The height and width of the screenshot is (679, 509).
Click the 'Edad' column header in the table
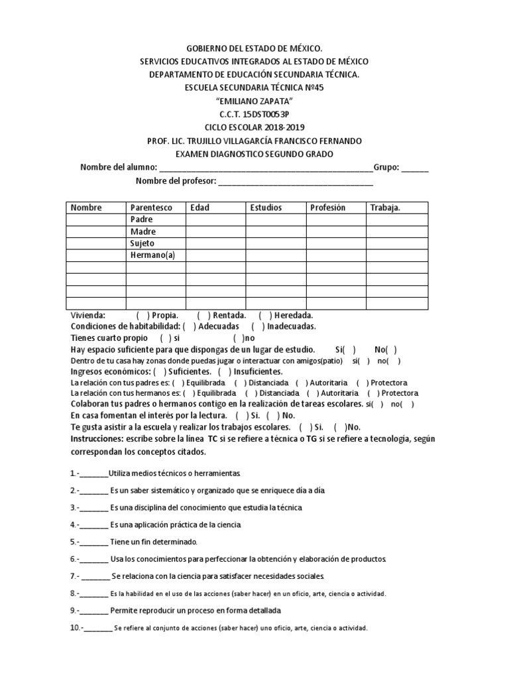pyautogui.click(x=199, y=208)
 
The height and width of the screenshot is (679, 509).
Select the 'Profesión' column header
pyautogui.click(x=327, y=208)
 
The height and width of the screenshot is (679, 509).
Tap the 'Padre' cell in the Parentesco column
pyautogui.click(x=142, y=219)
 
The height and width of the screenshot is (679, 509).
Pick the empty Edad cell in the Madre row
pyautogui.click(x=215, y=231)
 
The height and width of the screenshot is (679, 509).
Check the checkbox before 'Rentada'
pyautogui.click(x=203, y=316)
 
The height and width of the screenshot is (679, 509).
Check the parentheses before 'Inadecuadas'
pyautogui.click(x=258, y=326)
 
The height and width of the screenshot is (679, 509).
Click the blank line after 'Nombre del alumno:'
pyautogui.click(x=266, y=168)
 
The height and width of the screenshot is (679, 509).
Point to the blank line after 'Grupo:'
pyautogui.click(x=415, y=168)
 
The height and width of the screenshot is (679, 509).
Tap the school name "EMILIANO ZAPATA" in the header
pyautogui.click(x=254, y=100)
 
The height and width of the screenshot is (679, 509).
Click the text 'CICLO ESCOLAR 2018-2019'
pyautogui.click(x=254, y=127)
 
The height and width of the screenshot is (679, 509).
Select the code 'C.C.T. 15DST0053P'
pyautogui.click(x=254, y=114)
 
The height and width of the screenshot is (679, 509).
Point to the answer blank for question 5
pyautogui.click(x=95, y=542)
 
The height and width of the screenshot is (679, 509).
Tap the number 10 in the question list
pyautogui.click(x=75, y=627)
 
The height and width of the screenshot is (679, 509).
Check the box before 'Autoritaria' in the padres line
pyautogui.click(x=302, y=383)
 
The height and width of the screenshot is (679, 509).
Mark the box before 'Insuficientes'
pyautogui.click(x=224, y=371)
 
